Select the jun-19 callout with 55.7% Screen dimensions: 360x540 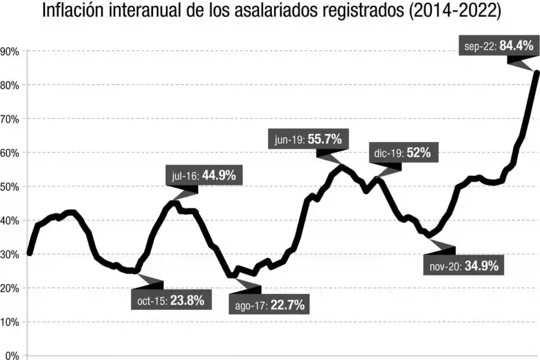(308, 140)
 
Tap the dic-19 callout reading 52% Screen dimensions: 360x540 (402, 153)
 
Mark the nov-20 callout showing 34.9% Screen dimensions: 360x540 (464, 266)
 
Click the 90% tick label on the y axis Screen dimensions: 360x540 (10, 52)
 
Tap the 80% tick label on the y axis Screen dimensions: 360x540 (10, 85)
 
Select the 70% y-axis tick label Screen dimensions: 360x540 (10, 119)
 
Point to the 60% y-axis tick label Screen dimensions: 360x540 (10, 153)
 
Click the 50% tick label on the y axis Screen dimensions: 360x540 (10, 187)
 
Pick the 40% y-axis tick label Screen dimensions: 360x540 (10, 221)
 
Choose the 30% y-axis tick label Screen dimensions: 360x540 (10, 254)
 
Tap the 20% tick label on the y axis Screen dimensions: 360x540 (10, 289)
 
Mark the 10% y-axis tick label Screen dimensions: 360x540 (10, 322)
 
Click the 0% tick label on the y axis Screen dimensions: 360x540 (12, 355)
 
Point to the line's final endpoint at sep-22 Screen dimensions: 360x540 (536, 73)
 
